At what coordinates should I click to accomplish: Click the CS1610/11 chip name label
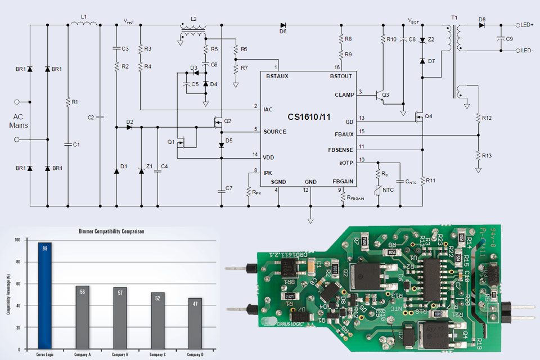point(310,116)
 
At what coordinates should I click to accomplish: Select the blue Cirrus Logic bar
point(45,295)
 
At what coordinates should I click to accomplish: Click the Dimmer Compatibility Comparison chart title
point(112,231)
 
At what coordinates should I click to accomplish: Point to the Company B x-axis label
point(120,354)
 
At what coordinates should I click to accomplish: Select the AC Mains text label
point(18,121)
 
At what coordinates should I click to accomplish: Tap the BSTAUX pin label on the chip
point(277,76)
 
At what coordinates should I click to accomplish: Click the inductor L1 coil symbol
point(84,24)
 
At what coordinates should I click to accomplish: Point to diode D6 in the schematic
point(283,25)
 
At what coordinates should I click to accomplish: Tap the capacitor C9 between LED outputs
point(501,38)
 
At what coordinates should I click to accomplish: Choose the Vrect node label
point(130,21)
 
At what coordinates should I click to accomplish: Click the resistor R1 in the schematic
point(68,102)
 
